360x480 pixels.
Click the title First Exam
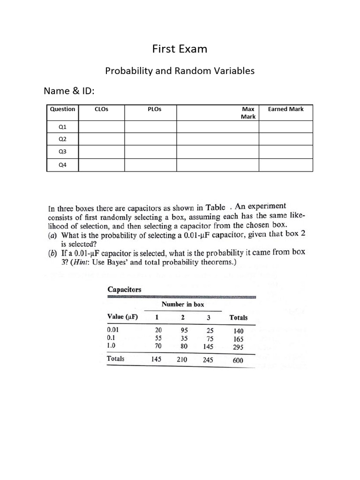(x=180, y=49)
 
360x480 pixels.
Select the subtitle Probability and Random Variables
(x=180, y=71)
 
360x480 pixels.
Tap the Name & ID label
(x=72, y=90)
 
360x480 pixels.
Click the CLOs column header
(x=101, y=109)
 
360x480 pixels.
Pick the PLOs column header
(x=154, y=109)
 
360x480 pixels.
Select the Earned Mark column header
(x=285, y=109)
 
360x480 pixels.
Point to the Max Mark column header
(x=248, y=112)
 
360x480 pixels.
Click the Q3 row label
(x=62, y=152)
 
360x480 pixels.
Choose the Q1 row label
(x=62, y=127)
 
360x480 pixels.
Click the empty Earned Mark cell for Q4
(x=285, y=165)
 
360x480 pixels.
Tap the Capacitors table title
(x=125, y=290)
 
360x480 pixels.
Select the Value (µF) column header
(x=123, y=317)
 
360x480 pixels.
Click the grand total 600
(x=238, y=360)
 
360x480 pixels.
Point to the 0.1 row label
(x=112, y=337)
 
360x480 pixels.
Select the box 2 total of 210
(x=181, y=360)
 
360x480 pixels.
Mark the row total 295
(x=238, y=347)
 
